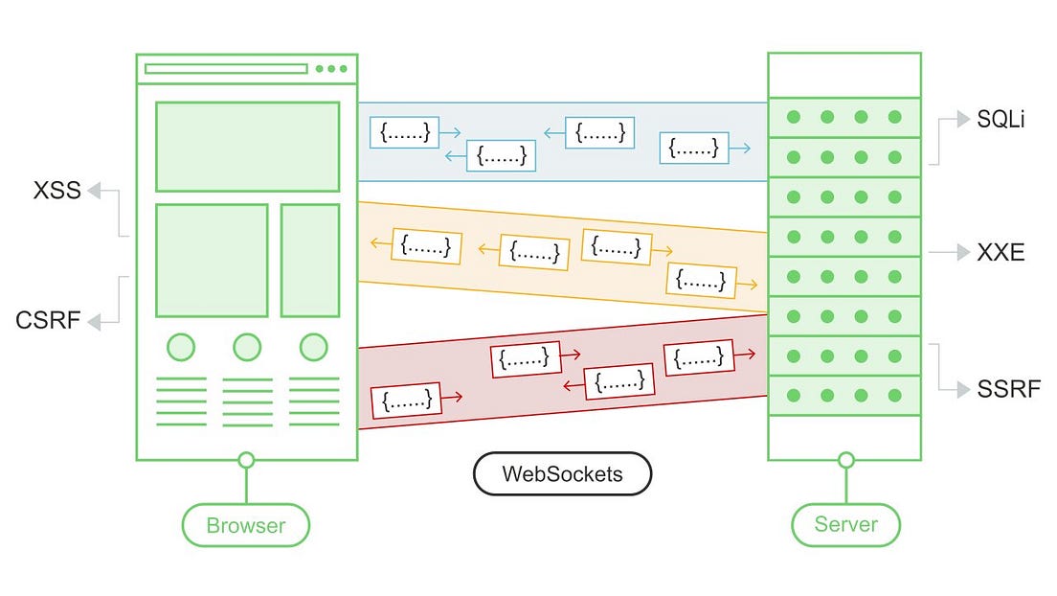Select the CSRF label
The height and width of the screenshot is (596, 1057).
(x=48, y=320)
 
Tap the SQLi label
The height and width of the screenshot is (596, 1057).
(x=1001, y=121)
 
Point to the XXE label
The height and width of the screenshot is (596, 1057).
(x=1001, y=253)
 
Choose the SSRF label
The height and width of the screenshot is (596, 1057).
(x=1008, y=389)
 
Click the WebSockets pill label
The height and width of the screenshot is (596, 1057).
(x=562, y=473)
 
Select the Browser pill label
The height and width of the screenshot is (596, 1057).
(x=246, y=525)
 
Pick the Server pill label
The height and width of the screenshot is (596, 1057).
(x=845, y=524)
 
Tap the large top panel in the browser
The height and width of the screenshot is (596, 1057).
(x=247, y=147)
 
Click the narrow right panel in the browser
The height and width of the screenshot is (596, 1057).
(x=309, y=260)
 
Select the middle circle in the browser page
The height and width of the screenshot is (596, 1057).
(x=247, y=346)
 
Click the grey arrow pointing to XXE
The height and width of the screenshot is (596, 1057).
(x=949, y=253)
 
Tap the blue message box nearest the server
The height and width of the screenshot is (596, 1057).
(x=693, y=148)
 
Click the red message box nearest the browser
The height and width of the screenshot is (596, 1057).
(x=406, y=399)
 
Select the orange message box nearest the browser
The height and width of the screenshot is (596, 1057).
(x=426, y=246)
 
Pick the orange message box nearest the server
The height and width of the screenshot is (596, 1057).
(x=702, y=280)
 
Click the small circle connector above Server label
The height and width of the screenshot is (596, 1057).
(x=845, y=460)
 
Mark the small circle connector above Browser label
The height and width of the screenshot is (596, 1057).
(x=246, y=461)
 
